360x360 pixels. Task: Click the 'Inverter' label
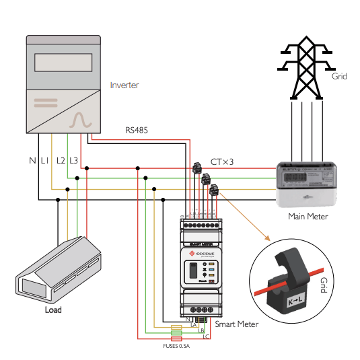pos(124,85)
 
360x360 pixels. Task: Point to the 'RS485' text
pos(137,129)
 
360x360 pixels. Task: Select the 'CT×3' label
pos(223,162)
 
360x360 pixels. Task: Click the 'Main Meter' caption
pos(308,216)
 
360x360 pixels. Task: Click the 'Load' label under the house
pos(52,310)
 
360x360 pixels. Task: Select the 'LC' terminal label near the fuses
pos(206,336)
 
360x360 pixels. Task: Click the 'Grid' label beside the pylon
pos(339,77)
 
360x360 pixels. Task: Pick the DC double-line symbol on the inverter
pos(46,103)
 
